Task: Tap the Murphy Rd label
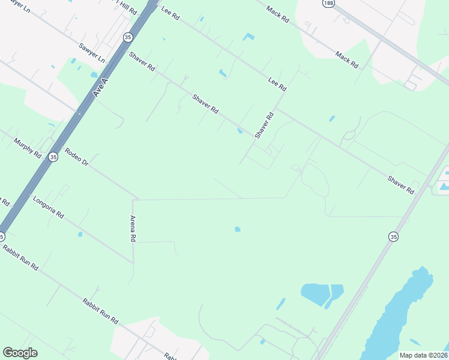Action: [x=28, y=148]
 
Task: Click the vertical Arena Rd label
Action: [x=133, y=229]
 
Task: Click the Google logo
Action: [x=20, y=353]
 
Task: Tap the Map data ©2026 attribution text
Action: [x=423, y=355]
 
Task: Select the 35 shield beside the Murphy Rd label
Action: [x=53, y=157]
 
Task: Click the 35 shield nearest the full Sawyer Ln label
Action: [x=127, y=37]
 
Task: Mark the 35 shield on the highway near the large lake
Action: [x=393, y=237]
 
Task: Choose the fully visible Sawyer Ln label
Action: [x=91, y=53]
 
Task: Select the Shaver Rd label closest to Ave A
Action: [x=142, y=63]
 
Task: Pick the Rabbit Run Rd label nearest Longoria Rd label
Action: [x=20, y=257]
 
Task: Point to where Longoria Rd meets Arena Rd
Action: [x=133, y=263]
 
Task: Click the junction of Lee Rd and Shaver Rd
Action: [x=276, y=109]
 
